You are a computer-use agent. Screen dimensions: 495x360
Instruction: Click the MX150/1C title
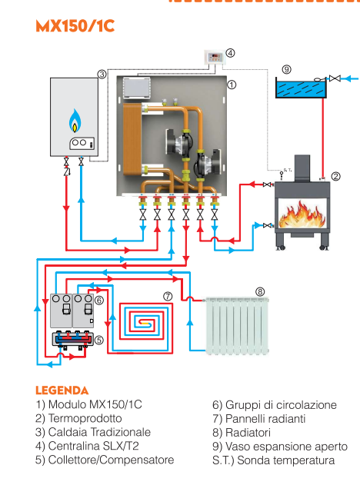tap(75, 26)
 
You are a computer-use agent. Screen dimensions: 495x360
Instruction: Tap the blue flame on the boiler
tap(75, 121)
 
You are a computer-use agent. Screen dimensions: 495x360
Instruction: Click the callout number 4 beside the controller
tap(231, 54)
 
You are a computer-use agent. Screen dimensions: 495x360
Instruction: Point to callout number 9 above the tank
tap(286, 69)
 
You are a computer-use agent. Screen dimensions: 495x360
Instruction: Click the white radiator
tap(239, 325)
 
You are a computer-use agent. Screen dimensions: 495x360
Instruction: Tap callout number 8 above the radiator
tap(260, 291)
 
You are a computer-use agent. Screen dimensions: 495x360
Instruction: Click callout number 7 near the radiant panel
tap(167, 296)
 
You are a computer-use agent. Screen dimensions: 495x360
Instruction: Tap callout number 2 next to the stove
tap(335, 176)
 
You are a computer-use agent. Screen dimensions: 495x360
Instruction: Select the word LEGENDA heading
tap(62, 391)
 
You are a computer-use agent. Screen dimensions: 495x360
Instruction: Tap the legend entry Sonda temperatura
tap(273, 460)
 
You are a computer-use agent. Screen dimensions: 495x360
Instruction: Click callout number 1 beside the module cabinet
tap(232, 84)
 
